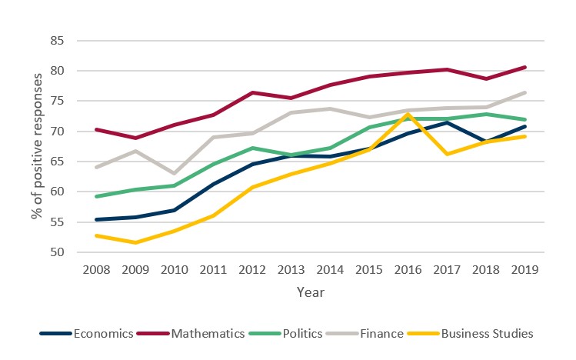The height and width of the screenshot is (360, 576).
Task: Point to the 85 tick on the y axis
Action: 60,41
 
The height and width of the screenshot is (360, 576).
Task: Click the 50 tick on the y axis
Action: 60,252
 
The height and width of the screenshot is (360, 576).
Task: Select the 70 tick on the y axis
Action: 60,132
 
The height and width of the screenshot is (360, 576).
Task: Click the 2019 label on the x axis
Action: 524,270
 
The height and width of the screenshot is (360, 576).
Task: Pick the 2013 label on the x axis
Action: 290,270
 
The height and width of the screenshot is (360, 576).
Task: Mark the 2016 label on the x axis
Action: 408,270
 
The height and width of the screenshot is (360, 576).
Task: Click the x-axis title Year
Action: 311,292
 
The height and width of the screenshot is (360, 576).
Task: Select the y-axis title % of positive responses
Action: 36,146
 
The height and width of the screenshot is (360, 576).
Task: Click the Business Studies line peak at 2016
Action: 408,114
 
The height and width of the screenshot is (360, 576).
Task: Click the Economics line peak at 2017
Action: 446,122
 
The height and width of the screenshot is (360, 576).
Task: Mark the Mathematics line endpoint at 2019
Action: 524,67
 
